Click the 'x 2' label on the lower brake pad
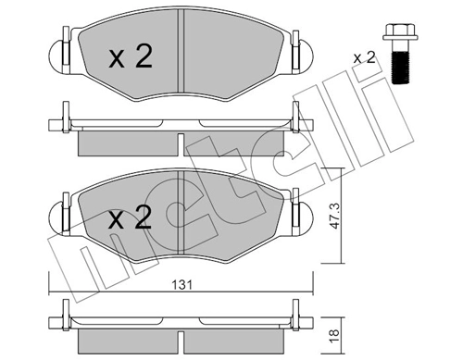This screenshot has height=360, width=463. pyautogui.click(x=131, y=219)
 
